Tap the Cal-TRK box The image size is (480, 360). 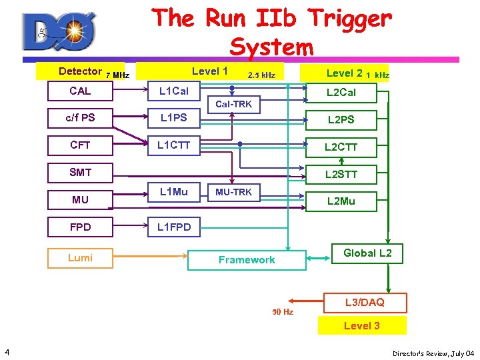(233, 104)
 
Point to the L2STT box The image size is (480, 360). (341, 175)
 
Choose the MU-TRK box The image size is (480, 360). (233, 193)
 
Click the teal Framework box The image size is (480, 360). (247, 260)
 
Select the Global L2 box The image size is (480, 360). (367, 253)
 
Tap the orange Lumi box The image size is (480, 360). (80, 258)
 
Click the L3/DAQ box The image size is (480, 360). (364, 303)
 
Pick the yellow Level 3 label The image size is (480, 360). (361, 326)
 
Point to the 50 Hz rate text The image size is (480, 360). (282, 311)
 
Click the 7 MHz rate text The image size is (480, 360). (117, 75)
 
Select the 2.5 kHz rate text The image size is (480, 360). (261, 75)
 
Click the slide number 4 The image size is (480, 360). (6, 351)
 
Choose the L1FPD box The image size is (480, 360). (173, 227)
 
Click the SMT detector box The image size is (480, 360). (80, 173)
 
